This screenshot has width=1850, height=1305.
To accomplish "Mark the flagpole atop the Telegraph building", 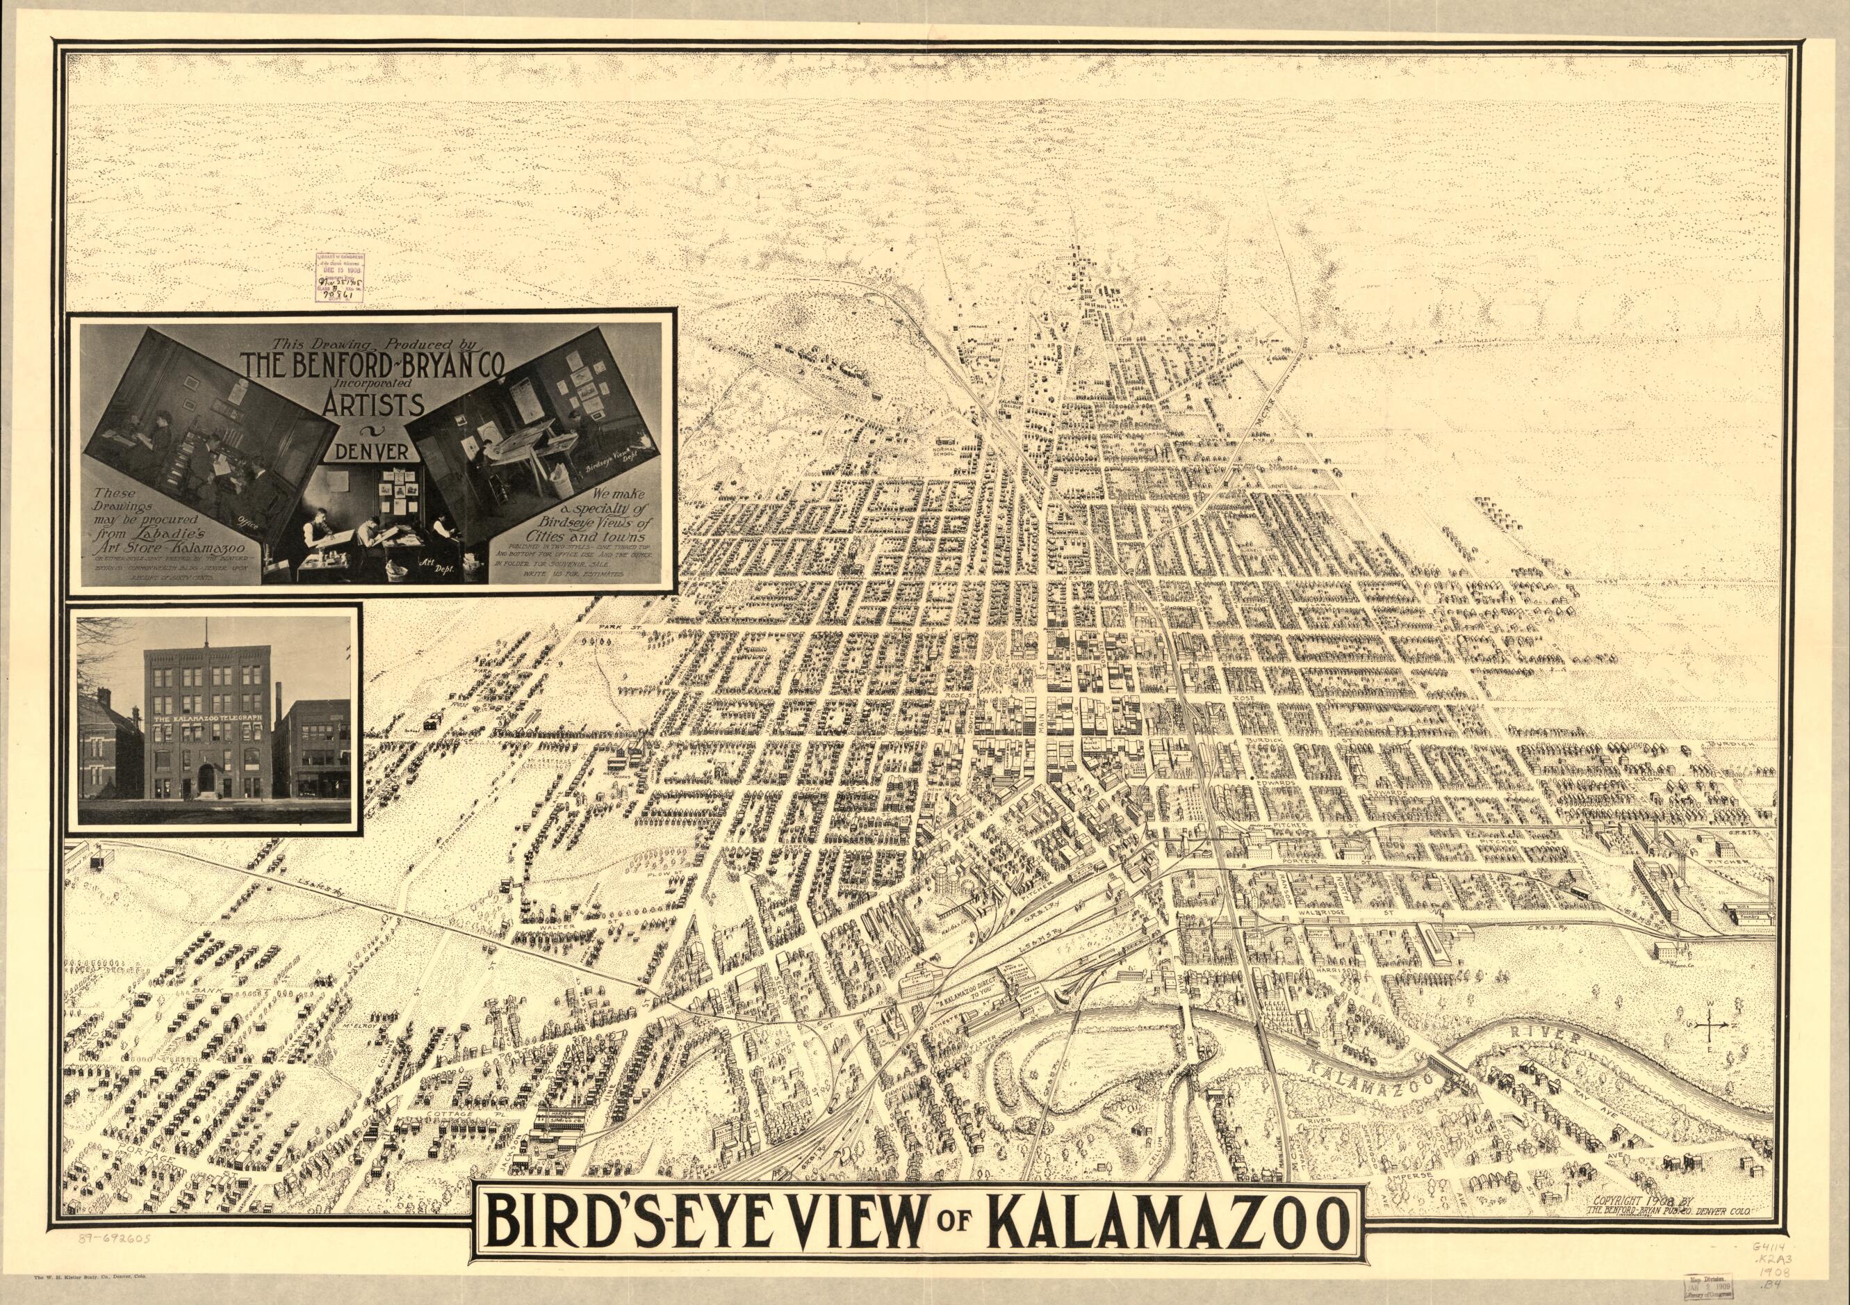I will tap(208, 633).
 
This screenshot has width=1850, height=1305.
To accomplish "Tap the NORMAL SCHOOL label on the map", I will tap(944, 449).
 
